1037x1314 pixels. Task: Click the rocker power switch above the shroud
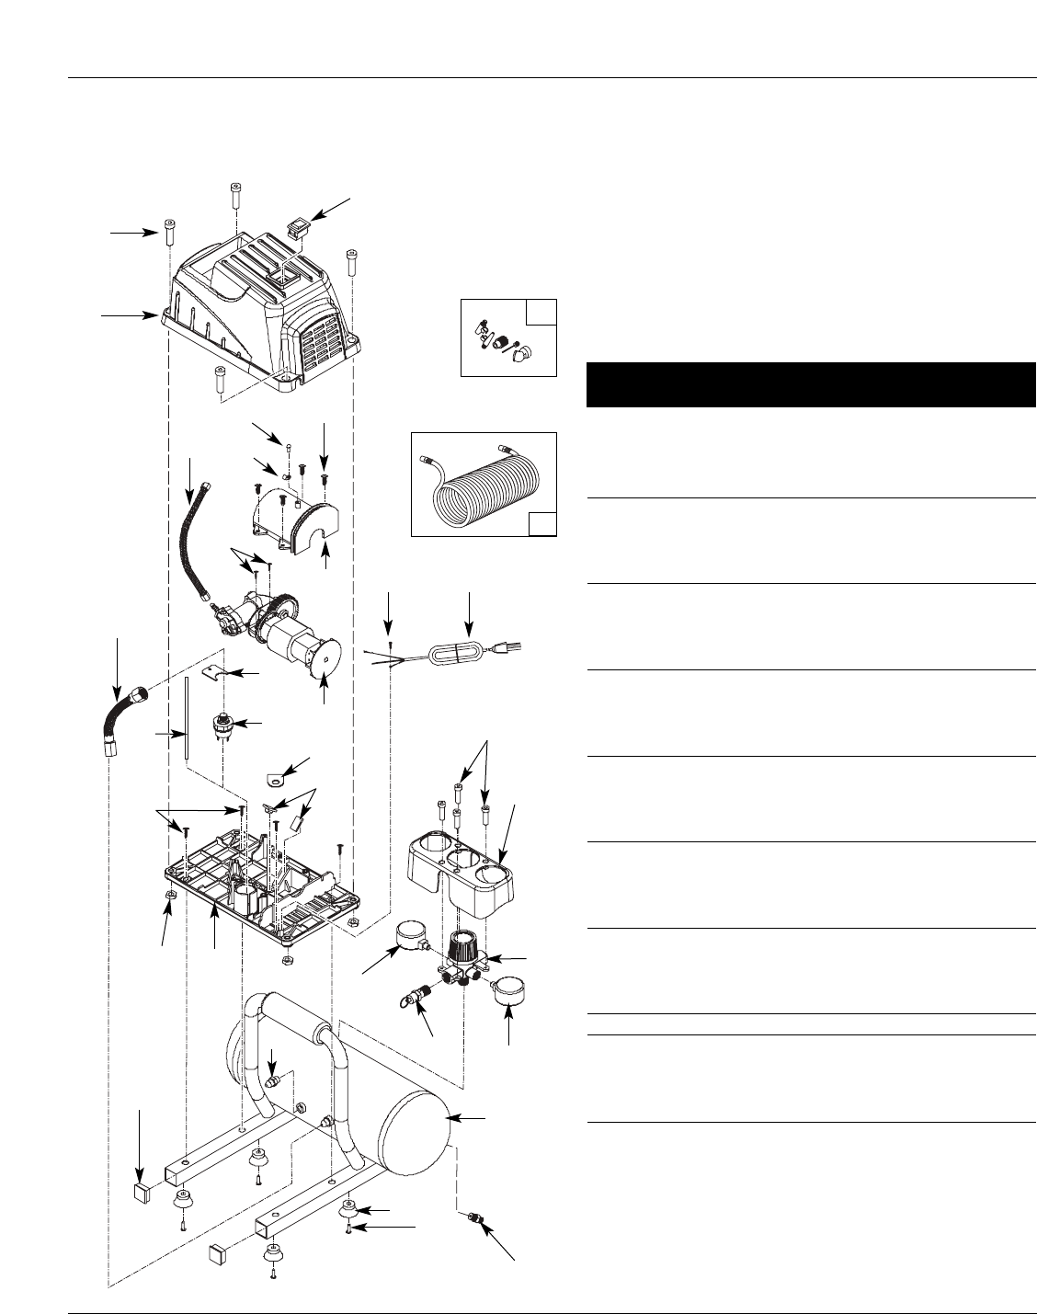[296, 224]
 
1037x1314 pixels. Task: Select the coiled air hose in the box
[483, 483]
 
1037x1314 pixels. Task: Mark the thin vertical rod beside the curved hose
[186, 717]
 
